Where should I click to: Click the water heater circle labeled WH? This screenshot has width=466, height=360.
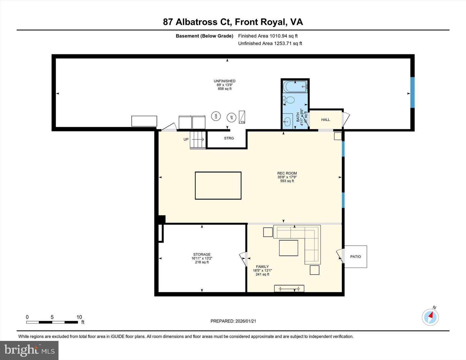pos(216,116)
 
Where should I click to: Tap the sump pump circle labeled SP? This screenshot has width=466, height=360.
pos(231,117)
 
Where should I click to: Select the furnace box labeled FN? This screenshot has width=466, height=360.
pos(242,117)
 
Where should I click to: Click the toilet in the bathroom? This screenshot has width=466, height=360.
pos(289,100)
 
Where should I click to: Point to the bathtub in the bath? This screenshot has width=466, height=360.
pos(295,87)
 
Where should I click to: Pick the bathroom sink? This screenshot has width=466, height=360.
pos(287,122)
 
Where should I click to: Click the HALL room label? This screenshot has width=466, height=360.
pos(325,120)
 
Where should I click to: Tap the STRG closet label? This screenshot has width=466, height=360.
pos(229,138)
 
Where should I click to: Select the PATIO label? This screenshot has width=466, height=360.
pos(355,256)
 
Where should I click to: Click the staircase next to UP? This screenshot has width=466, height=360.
pos(198,140)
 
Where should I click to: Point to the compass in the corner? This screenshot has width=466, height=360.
pos(430,317)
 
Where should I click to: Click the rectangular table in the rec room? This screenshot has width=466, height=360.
pos(218,186)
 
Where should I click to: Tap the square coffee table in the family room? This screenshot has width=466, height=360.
pos(288,248)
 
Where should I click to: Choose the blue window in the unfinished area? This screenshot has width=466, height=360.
pos(412,93)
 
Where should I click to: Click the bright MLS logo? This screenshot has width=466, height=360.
pos(29,350)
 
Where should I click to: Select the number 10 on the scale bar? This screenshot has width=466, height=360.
pos(79,317)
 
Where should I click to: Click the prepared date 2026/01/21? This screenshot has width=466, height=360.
pos(246,321)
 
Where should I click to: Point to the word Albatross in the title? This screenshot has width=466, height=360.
pos(196,22)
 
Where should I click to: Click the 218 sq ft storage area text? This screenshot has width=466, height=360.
pos(202,262)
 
